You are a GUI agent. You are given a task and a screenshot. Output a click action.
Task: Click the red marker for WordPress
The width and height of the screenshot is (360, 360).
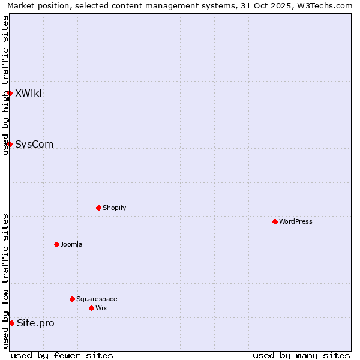pyautogui.click(x=275, y=221)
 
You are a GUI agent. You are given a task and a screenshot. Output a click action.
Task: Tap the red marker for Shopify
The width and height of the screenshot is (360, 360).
pyautogui.click(x=98, y=208)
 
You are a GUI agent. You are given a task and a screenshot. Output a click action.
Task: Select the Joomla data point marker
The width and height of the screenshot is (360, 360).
pyautogui.click(x=56, y=244)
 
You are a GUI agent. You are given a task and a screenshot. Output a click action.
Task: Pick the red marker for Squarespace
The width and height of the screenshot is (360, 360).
pyautogui.click(x=72, y=299)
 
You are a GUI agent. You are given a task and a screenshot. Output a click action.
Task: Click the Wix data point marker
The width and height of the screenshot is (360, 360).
pyautogui.click(x=91, y=308)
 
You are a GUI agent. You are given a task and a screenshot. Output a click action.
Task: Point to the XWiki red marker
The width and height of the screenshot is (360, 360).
pyautogui.click(x=10, y=93)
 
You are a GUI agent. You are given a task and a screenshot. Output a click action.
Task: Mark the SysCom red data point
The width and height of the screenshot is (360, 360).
pyautogui.click(x=10, y=144)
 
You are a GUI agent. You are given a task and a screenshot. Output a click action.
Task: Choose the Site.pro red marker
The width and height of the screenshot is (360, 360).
pyautogui.click(x=11, y=323)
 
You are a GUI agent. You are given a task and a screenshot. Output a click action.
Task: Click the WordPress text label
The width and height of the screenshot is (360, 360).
pyautogui.click(x=296, y=221)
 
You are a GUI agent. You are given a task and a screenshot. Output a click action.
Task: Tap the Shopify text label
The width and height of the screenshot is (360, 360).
pyautogui.click(x=115, y=208)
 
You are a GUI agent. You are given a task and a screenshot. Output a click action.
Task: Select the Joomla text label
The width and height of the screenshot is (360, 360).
pyautogui.click(x=71, y=244)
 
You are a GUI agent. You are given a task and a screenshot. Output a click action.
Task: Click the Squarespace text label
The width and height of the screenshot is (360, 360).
pyautogui.click(x=97, y=299)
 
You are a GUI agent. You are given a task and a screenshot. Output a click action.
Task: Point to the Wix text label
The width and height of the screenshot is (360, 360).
pyautogui.click(x=101, y=308)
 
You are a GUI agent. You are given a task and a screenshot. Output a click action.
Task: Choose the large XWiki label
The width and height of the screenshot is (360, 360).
pyautogui.click(x=28, y=93)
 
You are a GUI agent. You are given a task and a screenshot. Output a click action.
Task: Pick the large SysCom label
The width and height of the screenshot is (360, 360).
pyautogui.click(x=34, y=144)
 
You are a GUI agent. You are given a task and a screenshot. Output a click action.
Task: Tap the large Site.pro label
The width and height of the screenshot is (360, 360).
pyautogui.click(x=35, y=323)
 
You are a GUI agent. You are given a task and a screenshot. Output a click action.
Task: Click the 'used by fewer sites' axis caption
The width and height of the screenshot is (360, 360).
pyautogui.click(x=62, y=355)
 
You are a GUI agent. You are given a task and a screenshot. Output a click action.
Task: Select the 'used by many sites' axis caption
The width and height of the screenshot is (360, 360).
pyautogui.click(x=301, y=355)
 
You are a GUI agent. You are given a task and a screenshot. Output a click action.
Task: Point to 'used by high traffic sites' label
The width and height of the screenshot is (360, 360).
pyautogui.click(x=5, y=85)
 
